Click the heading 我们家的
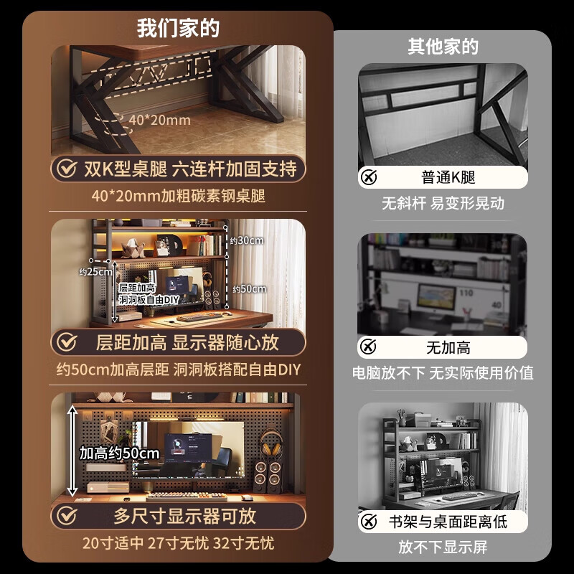point(178,29)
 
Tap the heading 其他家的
point(443,47)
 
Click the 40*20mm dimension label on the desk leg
point(159,120)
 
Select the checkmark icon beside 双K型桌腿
point(67,169)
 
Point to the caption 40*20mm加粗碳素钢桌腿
point(178,195)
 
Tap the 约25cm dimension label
point(95,271)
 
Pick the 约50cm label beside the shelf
point(249,289)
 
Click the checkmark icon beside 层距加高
point(67,342)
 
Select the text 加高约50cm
point(119,453)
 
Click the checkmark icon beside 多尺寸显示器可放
point(67,516)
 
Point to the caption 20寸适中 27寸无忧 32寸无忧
point(178,543)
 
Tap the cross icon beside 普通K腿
point(369,178)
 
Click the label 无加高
point(448,348)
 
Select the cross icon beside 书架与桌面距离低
point(369,522)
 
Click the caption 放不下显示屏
point(443,547)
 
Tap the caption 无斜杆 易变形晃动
point(443,203)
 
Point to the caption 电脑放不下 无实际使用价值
point(443,373)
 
